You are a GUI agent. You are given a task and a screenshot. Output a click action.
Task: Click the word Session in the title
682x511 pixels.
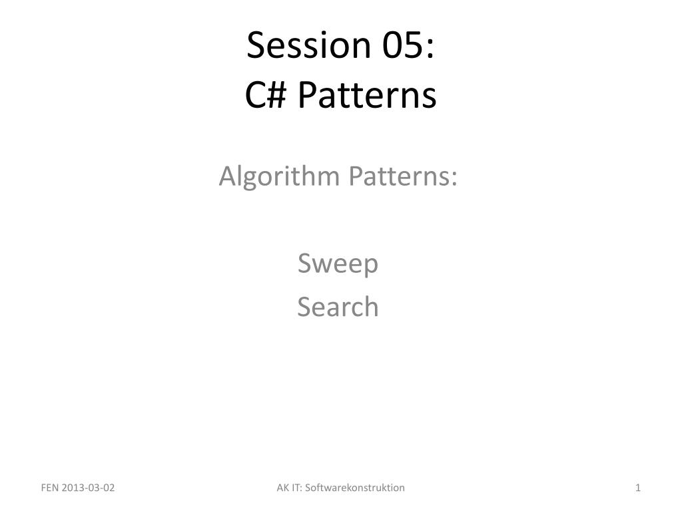[x=308, y=45]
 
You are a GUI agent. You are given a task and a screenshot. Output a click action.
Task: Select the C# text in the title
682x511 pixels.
[x=265, y=94]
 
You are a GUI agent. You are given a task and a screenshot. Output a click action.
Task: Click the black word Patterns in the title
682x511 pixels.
[x=367, y=94]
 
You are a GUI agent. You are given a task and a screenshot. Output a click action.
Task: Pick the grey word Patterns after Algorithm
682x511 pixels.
[x=400, y=176]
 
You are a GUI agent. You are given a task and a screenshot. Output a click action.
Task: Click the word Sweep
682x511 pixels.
[x=338, y=264]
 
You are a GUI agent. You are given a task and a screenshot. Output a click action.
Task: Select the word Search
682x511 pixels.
[x=338, y=307]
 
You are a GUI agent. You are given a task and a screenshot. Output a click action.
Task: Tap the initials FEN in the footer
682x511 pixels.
[x=49, y=488]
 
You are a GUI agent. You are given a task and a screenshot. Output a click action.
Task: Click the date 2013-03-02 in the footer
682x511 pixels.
[x=89, y=488]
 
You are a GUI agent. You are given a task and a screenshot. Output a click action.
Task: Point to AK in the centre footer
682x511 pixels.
[x=282, y=488]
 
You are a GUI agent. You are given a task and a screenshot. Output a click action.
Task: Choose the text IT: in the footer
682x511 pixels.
[x=296, y=488]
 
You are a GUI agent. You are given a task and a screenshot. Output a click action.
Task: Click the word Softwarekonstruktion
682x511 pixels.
[x=355, y=488]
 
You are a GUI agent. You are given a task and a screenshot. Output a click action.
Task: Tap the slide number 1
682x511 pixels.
[x=638, y=488]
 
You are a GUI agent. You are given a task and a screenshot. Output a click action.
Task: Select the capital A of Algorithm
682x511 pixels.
[x=227, y=176]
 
